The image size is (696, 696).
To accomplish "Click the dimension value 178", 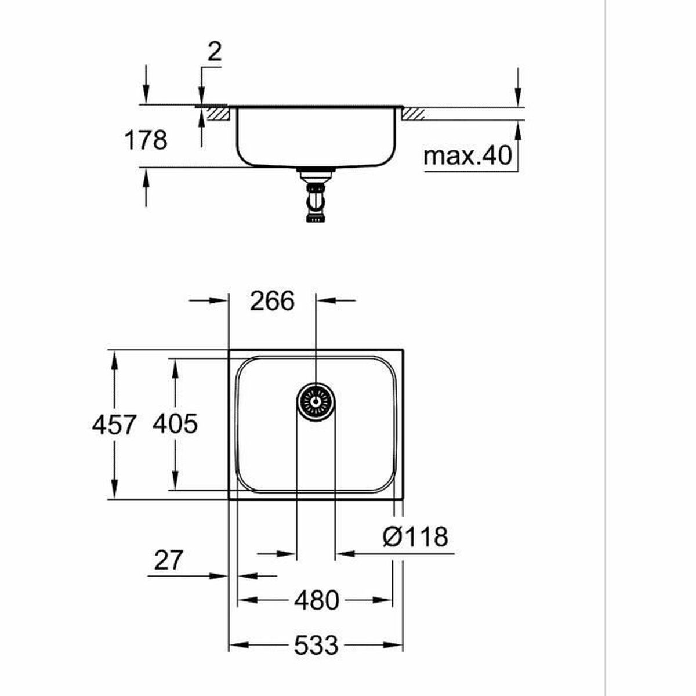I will pyautogui.click(x=146, y=140).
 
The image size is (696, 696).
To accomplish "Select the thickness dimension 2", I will pyautogui.click(x=214, y=53).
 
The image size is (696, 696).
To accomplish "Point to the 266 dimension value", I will pyautogui.click(x=272, y=301).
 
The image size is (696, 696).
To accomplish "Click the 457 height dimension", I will pyautogui.click(x=114, y=425).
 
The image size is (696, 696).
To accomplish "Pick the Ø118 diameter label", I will pyautogui.click(x=415, y=536).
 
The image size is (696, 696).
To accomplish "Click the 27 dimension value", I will pyautogui.click(x=168, y=560).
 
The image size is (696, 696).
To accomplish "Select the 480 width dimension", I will pyautogui.click(x=316, y=600).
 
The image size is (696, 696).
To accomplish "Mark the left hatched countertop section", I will pyautogui.click(x=217, y=113).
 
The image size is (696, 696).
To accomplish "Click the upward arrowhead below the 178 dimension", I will pyautogui.click(x=146, y=177).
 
